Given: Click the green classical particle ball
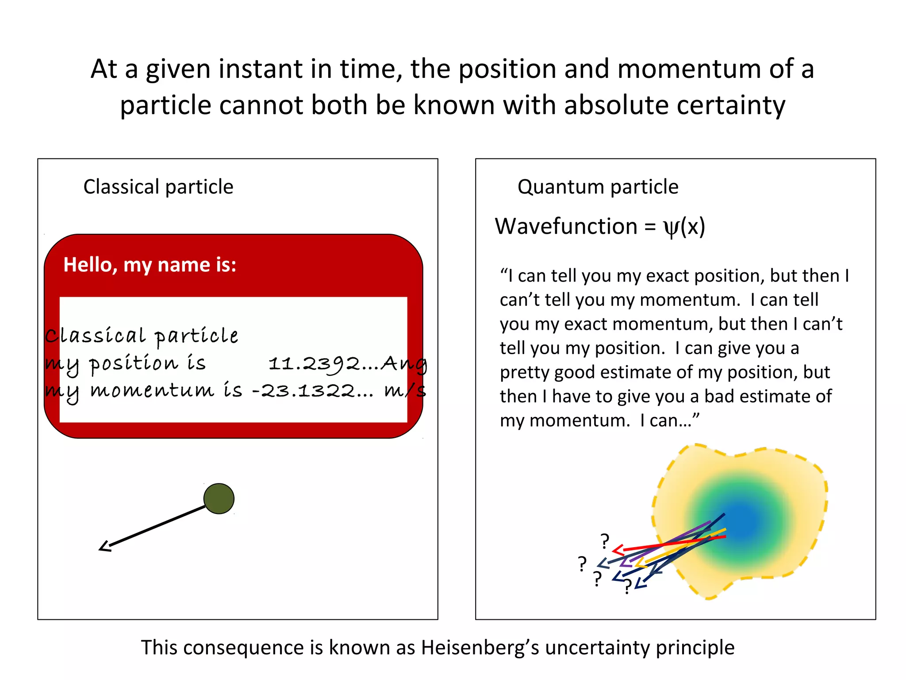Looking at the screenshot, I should [x=219, y=498].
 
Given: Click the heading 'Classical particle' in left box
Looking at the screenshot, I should [x=158, y=186].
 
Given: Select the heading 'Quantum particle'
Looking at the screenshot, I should [x=598, y=186].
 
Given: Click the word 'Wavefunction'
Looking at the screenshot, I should [x=566, y=226].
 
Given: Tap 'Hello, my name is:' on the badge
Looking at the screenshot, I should [x=150, y=265].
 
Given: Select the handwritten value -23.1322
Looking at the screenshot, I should [x=303, y=391].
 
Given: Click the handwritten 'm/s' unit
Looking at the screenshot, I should [x=405, y=390].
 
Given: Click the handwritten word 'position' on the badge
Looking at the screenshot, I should [x=134, y=364].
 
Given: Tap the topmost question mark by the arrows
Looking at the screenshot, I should [x=605, y=541].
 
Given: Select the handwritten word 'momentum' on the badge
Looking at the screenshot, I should [x=152, y=390].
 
